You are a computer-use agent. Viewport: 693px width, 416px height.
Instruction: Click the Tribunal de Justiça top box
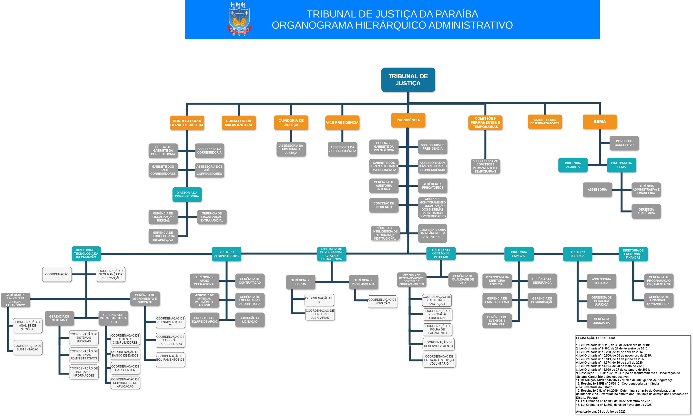click(408, 80)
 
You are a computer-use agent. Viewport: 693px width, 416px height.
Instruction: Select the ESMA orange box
click(600, 122)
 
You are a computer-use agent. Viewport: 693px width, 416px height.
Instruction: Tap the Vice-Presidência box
click(342, 123)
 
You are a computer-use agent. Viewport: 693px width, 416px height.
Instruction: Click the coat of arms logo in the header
click(239, 19)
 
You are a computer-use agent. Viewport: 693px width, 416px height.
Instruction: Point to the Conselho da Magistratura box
click(238, 123)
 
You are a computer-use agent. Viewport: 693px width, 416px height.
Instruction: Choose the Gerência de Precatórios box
click(432, 185)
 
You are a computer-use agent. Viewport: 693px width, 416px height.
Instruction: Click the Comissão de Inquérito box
click(383, 205)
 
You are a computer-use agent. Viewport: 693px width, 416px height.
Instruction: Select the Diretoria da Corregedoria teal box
click(187, 194)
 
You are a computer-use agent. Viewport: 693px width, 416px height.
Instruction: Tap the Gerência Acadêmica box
click(646, 211)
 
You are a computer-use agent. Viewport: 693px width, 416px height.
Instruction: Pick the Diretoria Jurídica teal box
click(577, 254)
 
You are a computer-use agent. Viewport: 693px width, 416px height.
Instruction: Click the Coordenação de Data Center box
click(125, 368)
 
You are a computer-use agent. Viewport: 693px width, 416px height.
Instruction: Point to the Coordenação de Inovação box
click(382, 301)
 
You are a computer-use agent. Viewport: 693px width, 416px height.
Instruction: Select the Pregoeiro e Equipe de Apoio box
click(204, 319)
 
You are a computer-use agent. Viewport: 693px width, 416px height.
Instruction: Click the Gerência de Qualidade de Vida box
click(463, 280)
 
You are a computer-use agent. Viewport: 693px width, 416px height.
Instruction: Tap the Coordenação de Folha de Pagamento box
click(437, 329)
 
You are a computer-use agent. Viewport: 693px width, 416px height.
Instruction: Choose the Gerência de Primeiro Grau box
click(497, 300)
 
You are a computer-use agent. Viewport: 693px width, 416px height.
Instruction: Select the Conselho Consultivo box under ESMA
click(624, 143)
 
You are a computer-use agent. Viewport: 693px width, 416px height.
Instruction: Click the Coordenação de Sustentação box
click(28, 347)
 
